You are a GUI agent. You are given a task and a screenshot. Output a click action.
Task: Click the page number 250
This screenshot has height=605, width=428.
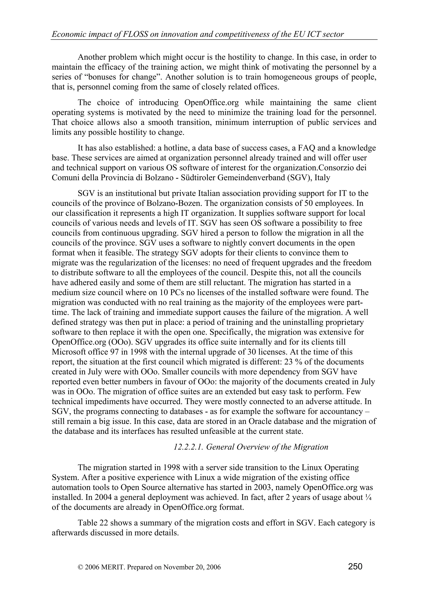tap(355, 566)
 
